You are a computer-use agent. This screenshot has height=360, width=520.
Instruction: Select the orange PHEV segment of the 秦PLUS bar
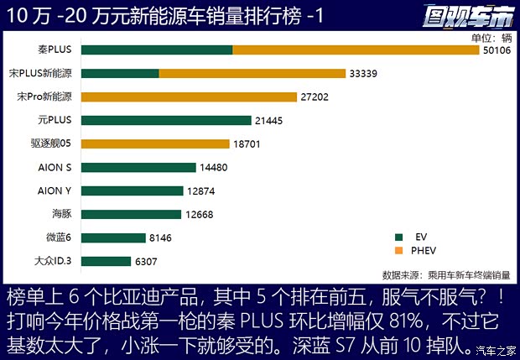coord(355,50)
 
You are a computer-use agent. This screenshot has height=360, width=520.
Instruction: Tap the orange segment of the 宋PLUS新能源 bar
coord(252,74)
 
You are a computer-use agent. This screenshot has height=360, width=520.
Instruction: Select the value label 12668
coord(202,215)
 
